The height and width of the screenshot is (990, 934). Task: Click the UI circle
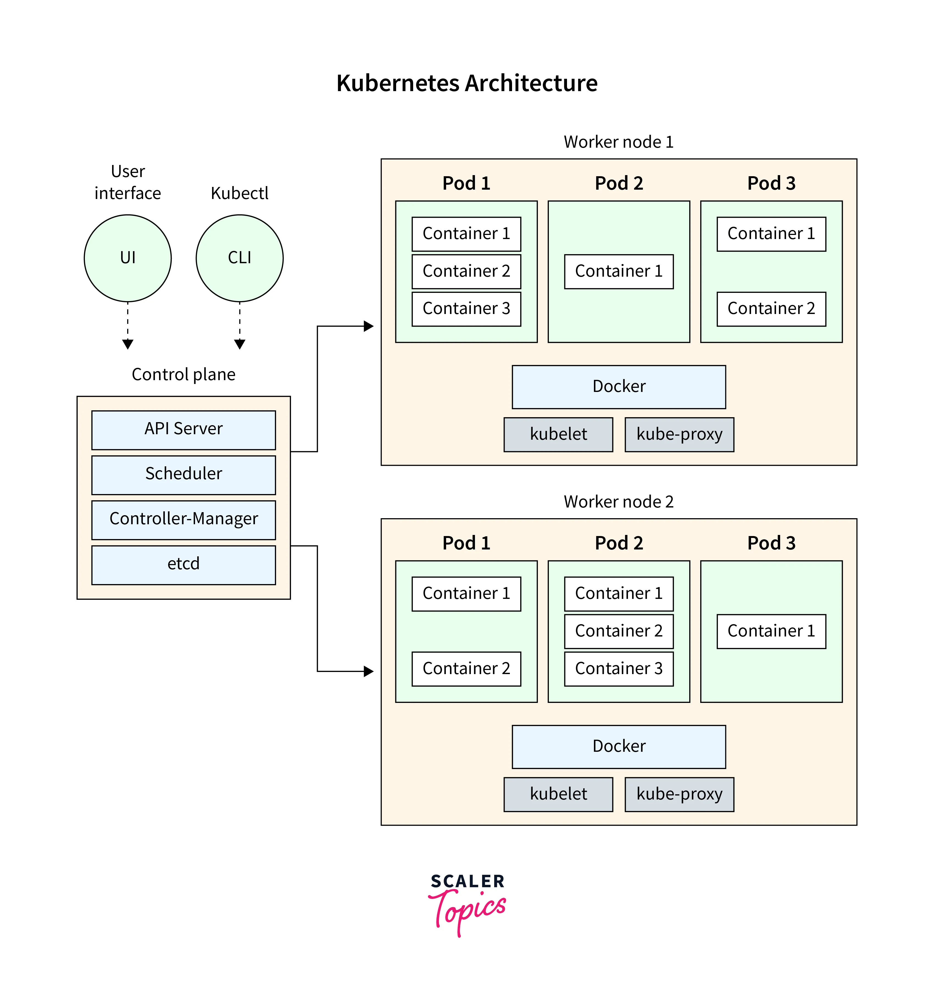(127, 258)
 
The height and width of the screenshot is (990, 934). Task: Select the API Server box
(184, 429)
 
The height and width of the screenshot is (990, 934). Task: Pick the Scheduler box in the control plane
(184, 474)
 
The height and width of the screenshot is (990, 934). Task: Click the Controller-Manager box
(184, 519)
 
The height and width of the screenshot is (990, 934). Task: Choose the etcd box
(184, 564)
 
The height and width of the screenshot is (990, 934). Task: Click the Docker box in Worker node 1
(619, 387)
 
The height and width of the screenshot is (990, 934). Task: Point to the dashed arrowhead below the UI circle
(127, 344)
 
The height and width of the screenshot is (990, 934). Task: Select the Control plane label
(184, 374)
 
